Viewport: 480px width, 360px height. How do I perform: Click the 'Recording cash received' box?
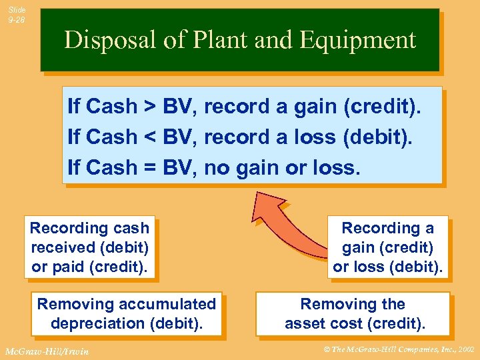click(89, 247)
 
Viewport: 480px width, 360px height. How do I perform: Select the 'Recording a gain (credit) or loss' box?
click(388, 247)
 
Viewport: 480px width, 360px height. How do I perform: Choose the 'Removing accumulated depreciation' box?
click(127, 314)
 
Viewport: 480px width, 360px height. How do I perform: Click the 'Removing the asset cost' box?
click(353, 314)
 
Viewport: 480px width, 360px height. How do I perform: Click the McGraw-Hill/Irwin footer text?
click(46, 351)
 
